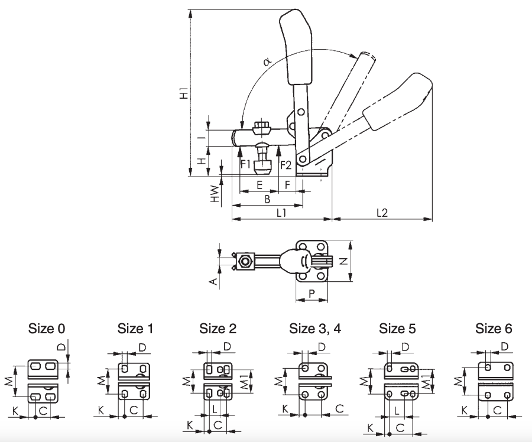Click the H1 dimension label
[x=184, y=93]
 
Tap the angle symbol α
[x=267, y=61]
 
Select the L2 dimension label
[x=382, y=213]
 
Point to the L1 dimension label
[x=281, y=213]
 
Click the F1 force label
[x=245, y=164]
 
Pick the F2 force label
[x=286, y=165]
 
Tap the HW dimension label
[x=215, y=194]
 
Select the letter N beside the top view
[x=344, y=261]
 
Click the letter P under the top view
[x=312, y=293]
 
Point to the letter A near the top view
[x=214, y=281]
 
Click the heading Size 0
[x=47, y=329]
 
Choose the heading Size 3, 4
[x=315, y=329]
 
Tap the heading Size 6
[x=494, y=329]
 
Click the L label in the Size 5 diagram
[x=397, y=411]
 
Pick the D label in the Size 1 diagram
[x=142, y=347]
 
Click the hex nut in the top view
[x=245, y=262]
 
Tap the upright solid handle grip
[x=296, y=47]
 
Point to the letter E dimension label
[x=259, y=185]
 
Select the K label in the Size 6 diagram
[x=465, y=411]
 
